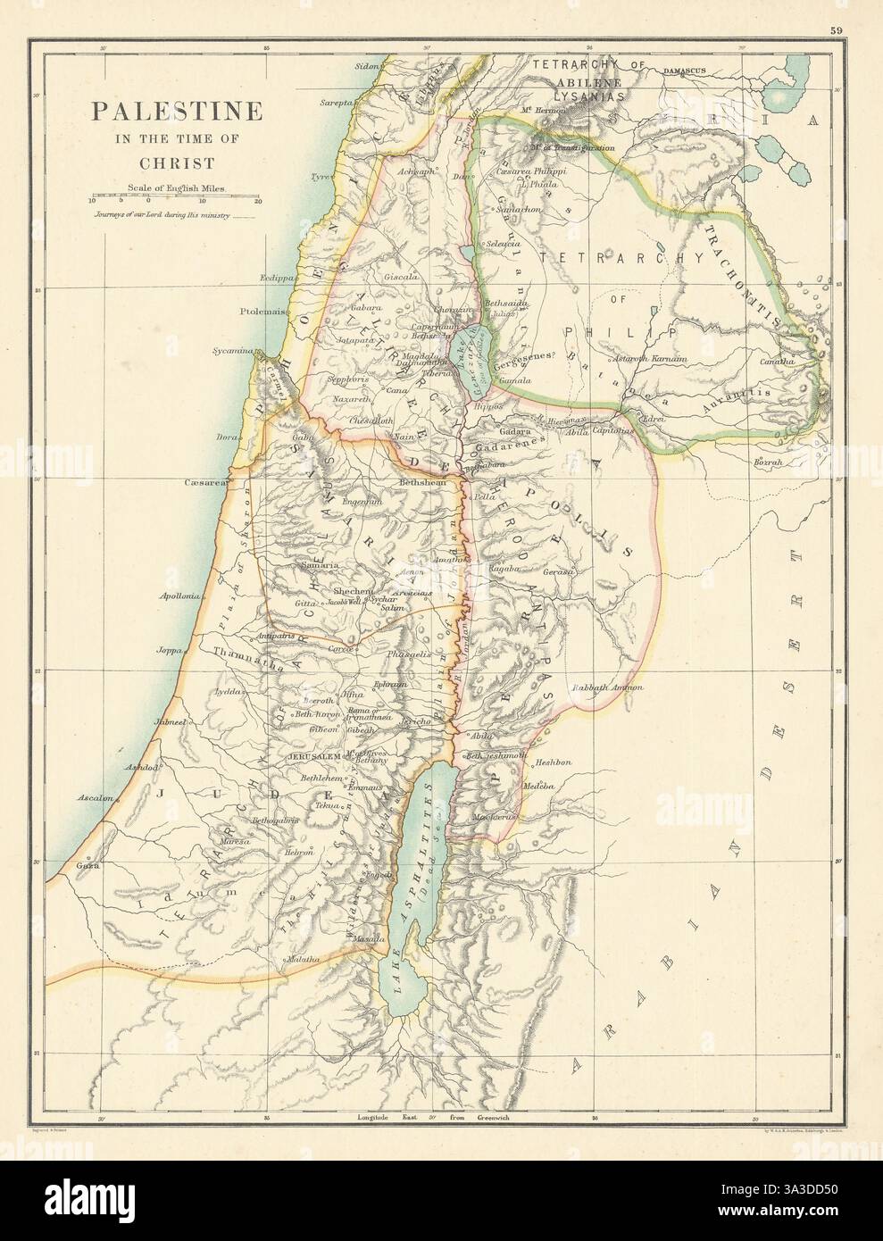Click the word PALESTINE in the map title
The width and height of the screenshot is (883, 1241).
[x=172, y=112]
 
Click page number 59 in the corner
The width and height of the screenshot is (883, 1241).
[x=860, y=32]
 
